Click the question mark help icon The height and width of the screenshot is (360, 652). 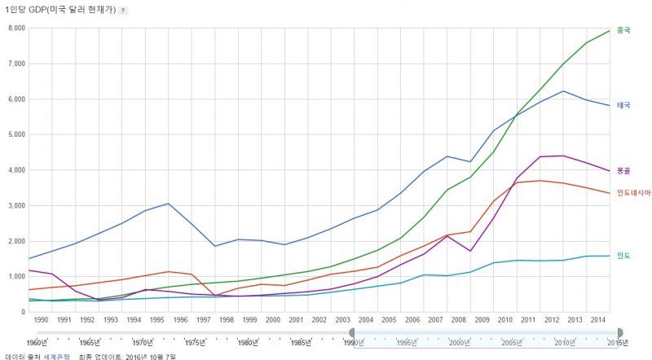tap(122, 11)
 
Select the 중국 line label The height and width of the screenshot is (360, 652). tap(623, 30)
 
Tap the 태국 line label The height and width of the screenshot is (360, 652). tap(623, 105)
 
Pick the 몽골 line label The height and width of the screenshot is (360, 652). tap(623, 170)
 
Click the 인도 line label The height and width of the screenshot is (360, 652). tap(623, 255)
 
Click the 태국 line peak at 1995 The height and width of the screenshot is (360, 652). tap(168, 204)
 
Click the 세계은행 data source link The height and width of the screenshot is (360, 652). tap(57, 356)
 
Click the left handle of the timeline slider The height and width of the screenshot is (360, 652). tap(353, 332)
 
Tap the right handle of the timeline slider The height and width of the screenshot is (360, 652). tap(619, 332)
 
